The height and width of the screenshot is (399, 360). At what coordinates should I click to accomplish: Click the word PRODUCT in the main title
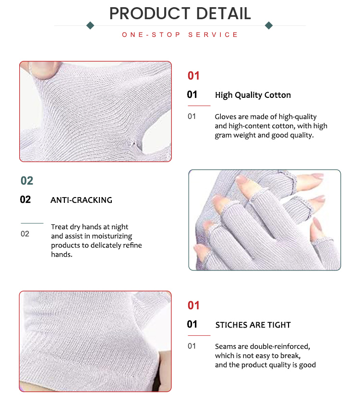[x=147, y=13]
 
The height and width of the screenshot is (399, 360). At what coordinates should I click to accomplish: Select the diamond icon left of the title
[x=90, y=25]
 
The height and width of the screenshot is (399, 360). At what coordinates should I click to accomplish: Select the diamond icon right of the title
[x=269, y=25]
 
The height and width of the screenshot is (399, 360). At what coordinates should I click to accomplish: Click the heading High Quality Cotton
[x=253, y=95]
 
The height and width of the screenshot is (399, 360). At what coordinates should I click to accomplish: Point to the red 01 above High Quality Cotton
[x=193, y=76]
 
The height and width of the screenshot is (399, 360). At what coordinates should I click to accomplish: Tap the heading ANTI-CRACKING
[x=81, y=200]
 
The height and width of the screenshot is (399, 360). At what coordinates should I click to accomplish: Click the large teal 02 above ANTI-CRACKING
[x=27, y=181]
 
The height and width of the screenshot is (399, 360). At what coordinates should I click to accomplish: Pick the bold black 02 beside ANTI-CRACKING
[x=25, y=199]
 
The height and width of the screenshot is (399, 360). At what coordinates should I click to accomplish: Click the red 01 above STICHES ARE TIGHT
[x=193, y=305]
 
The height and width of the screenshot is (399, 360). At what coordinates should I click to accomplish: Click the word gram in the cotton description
[x=223, y=135]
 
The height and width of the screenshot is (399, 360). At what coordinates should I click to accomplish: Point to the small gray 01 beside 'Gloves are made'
[x=192, y=117]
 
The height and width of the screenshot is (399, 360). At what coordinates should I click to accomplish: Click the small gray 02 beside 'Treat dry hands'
[x=25, y=234]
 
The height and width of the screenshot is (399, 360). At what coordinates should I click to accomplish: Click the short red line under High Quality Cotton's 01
[x=199, y=106]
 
